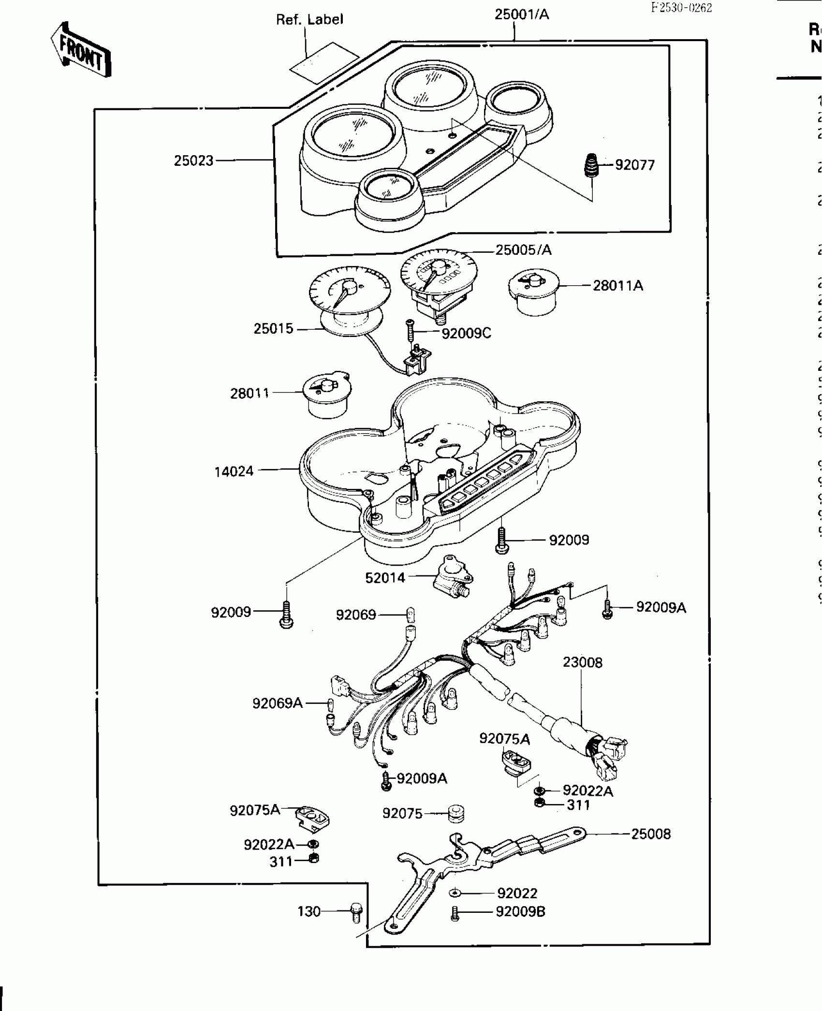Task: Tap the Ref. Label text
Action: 309,20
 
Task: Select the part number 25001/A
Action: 522,15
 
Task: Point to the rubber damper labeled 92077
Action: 589,165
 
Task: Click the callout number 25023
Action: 193,161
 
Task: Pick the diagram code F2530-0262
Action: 681,8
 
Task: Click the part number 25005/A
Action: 523,250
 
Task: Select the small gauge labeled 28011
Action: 327,397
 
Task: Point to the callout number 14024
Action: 234,471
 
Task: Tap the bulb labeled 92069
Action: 411,615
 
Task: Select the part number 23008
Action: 582,662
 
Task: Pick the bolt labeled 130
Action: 356,912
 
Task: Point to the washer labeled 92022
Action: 456,893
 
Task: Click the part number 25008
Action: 651,834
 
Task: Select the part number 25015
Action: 273,329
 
